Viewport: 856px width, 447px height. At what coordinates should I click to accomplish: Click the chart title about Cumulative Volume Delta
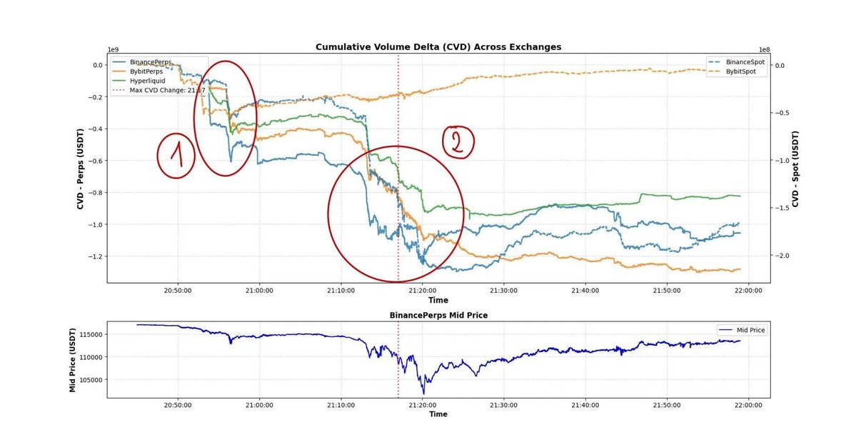(x=438, y=47)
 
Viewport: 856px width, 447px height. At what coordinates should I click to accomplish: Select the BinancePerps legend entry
(x=150, y=62)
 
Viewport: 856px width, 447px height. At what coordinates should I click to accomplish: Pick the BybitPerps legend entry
(x=146, y=71)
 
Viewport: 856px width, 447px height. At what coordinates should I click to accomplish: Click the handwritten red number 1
(x=176, y=154)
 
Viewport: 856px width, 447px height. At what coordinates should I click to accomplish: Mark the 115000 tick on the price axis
(x=91, y=334)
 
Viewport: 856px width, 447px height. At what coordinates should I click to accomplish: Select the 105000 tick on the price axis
(x=91, y=380)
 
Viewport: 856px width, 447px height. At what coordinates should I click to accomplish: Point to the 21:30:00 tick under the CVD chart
(x=504, y=291)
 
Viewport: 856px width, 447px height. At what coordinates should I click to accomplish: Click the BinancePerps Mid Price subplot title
(x=438, y=315)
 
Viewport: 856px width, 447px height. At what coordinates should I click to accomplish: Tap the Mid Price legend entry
(x=747, y=330)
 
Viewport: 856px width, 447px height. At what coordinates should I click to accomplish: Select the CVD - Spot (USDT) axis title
(x=795, y=169)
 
